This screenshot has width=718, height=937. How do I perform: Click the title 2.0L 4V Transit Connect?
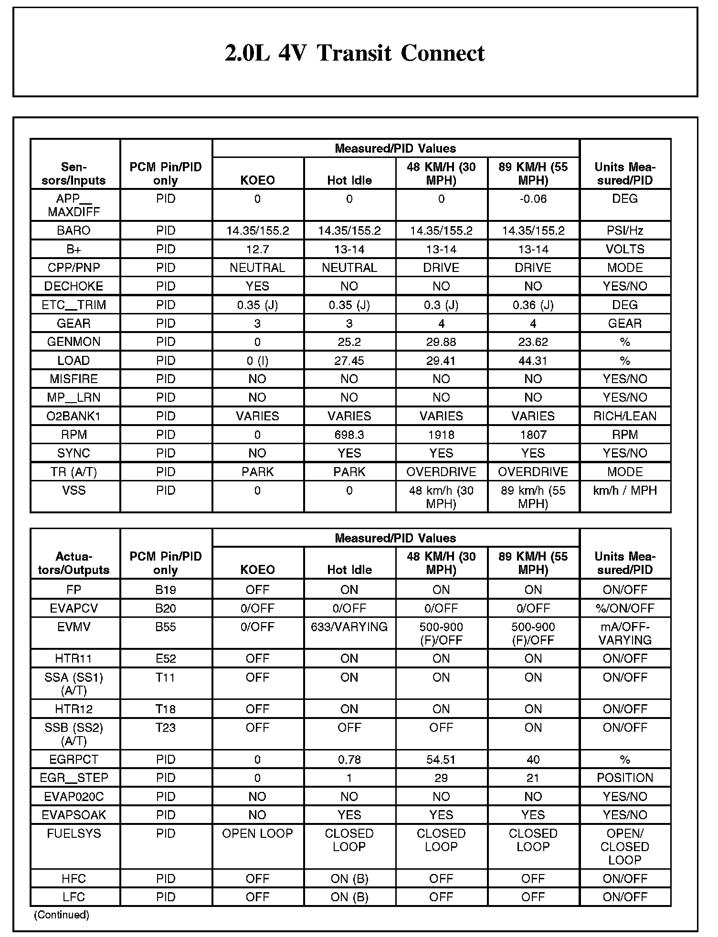pos(355,53)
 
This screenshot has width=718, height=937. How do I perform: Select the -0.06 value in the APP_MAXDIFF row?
pos(533,199)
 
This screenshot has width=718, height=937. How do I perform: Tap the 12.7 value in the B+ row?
pos(257,249)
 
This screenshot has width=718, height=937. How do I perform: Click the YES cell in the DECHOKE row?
pos(257,286)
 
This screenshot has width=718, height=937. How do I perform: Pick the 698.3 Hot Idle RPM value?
pos(349,435)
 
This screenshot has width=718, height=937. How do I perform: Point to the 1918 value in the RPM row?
pos(441,435)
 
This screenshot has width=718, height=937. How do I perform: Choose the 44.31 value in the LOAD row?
pos(533,361)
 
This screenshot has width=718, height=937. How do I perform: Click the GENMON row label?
pos(74,342)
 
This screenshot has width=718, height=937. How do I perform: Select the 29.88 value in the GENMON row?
pos(441,342)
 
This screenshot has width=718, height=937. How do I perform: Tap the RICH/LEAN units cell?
pos(624,416)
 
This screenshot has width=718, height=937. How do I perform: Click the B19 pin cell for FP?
pos(166,590)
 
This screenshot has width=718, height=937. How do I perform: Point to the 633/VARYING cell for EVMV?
pos(349,627)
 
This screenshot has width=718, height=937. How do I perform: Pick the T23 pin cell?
pos(166,728)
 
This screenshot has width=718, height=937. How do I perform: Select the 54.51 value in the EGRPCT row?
pos(441,759)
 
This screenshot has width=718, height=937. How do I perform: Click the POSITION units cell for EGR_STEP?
pos(624,778)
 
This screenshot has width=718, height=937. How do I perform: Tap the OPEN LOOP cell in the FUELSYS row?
pos(257,833)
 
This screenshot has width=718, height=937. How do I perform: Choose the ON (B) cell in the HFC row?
pos(349,878)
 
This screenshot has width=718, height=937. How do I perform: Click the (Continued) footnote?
pos(62,915)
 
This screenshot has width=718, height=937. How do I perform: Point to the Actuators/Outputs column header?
pos(74,563)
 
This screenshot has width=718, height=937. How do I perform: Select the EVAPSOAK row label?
pos(74,815)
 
